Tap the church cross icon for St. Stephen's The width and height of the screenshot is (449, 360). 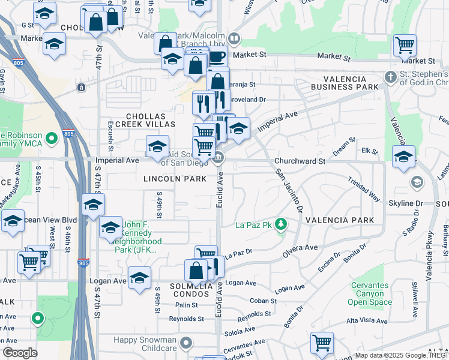(x=390, y=76)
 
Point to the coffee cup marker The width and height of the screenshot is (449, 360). (x=217, y=58)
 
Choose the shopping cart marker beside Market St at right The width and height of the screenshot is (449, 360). (x=405, y=45)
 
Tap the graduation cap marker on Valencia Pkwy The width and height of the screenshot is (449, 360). (x=403, y=157)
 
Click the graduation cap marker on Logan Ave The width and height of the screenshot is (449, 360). (x=139, y=278)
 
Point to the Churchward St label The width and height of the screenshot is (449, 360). (x=300, y=161)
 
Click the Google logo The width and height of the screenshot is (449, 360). (x=20, y=352)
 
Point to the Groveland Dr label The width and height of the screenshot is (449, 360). (x=246, y=100)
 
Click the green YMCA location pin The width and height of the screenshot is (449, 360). (x=52, y=139)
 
